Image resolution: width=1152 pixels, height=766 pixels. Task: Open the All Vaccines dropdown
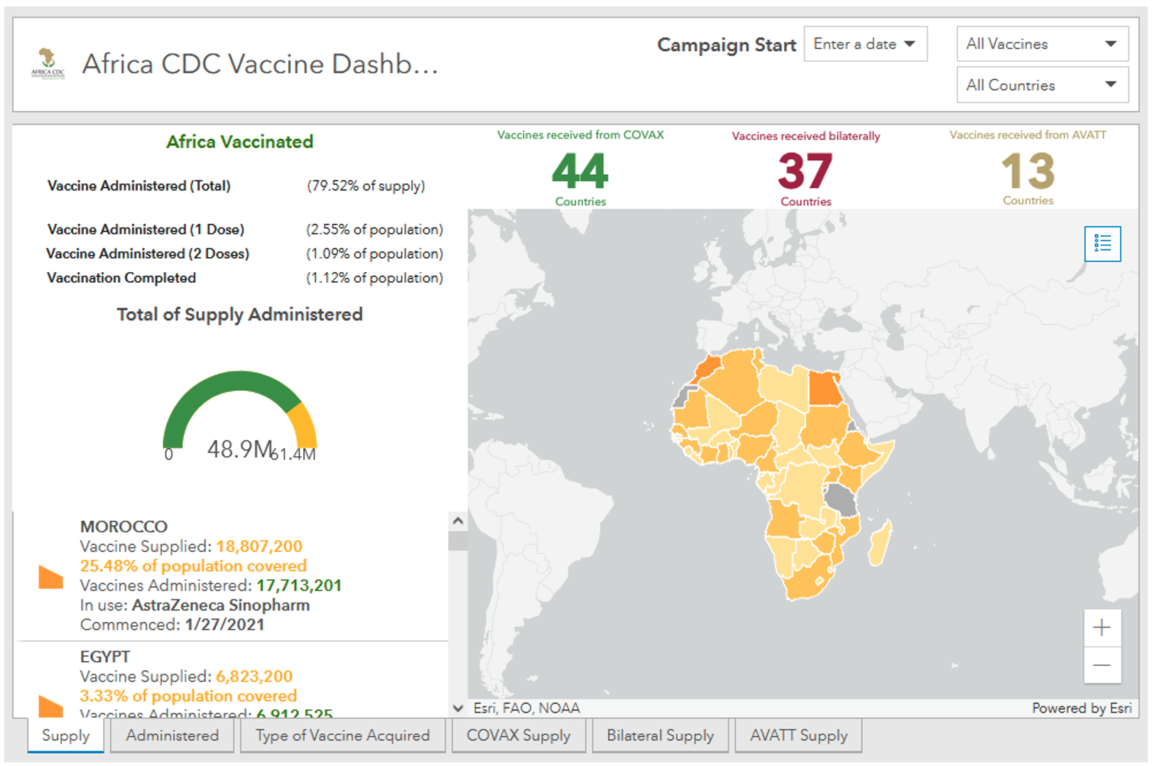pos(1041,44)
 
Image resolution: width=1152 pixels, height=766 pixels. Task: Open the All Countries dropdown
pos(1041,85)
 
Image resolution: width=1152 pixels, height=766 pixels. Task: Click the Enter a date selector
pos(864,44)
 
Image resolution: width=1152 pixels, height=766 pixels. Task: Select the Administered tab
pos(173,735)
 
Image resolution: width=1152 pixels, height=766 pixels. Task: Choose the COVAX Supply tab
pos(518,735)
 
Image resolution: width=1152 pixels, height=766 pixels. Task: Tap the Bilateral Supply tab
pos(660,735)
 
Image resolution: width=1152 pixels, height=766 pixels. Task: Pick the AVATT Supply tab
pos(798,735)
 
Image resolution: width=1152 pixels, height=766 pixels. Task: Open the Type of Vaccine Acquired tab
pos(342,735)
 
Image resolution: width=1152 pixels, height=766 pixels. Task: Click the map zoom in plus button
pos(1102,627)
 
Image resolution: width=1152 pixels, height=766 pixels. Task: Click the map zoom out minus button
pos(1102,665)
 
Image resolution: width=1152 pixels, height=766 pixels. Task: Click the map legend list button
pos(1102,244)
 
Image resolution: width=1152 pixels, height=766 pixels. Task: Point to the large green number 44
pos(580,171)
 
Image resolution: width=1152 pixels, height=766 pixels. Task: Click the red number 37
pos(805,171)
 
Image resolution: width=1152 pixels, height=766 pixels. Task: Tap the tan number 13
pos(1028,171)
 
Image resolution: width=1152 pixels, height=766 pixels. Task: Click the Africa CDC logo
pos(48,64)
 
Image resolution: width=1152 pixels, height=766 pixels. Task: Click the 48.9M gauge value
pos(239,449)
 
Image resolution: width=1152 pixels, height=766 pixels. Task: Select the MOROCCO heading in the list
pos(124,527)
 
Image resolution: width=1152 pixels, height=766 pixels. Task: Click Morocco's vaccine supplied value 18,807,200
pos(259,546)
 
